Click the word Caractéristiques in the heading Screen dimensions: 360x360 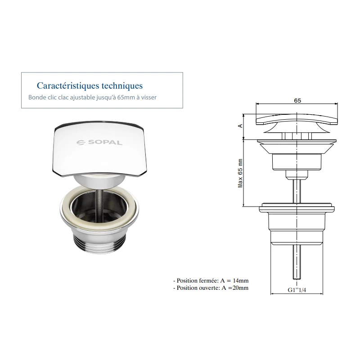(x=68, y=85)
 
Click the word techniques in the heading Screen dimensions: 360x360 (x=122, y=85)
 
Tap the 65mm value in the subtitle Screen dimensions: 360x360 (x=126, y=97)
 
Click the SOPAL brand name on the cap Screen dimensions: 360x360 (x=105, y=143)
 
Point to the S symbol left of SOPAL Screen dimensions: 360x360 (x=81, y=143)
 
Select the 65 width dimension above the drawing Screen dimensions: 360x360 (x=297, y=100)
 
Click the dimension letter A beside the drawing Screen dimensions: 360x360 (x=240, y=126)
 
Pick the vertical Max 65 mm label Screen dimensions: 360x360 (x=240, y=173)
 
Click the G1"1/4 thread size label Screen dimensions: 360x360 (x=297, y=290)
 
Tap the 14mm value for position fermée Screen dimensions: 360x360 (x=241, y=280)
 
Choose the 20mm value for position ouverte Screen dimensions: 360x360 (x=241, y=288)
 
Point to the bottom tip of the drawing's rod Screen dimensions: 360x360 (x=297, y=279)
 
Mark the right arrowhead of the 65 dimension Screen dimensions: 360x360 (x=336, y=103)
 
